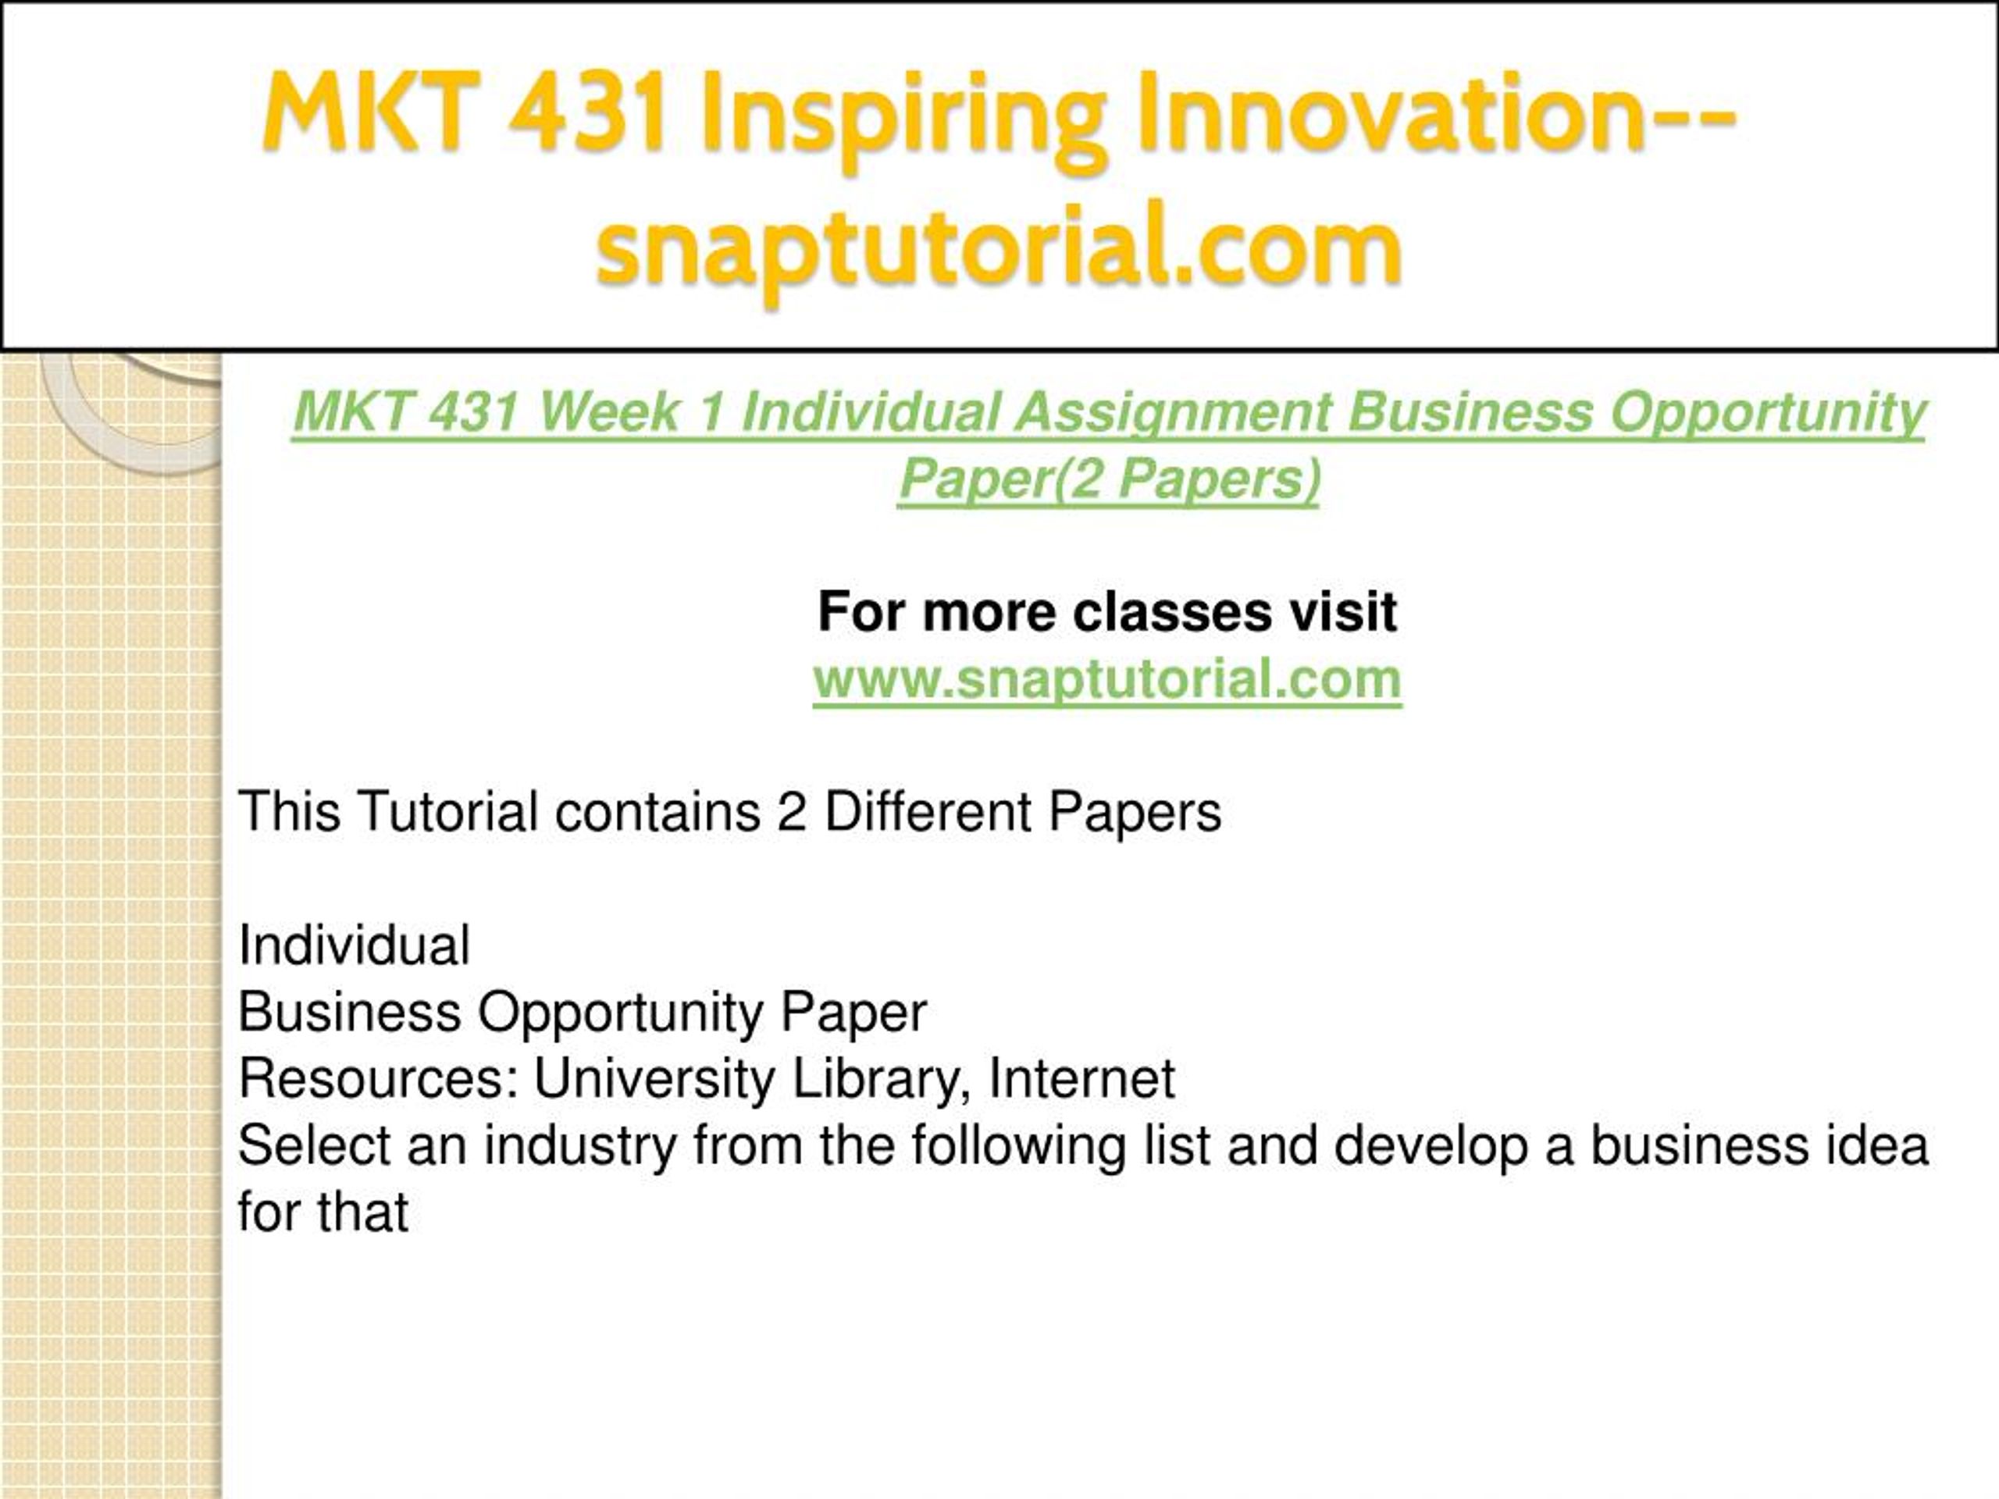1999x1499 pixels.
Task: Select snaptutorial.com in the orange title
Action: tap(999, 249)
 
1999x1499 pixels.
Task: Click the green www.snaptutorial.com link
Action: tap(1107, 678)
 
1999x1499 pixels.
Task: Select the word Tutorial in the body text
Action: tap(449, 810)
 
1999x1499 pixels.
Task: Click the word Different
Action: tap(928, 810)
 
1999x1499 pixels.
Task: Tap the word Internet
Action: tap(1081, 1078)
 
